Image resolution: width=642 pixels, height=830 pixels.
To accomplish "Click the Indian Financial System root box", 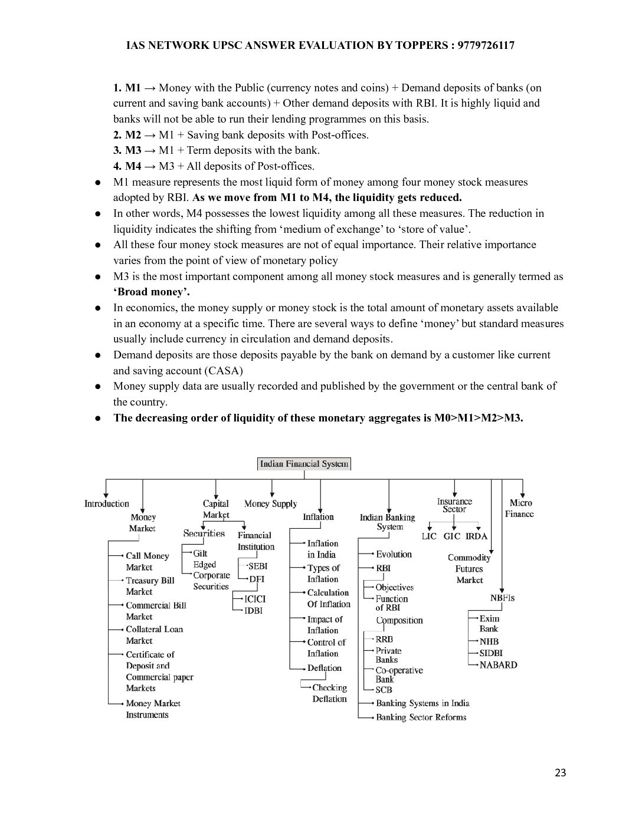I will [304, 464].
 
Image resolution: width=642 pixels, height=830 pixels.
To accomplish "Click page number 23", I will [560, 772].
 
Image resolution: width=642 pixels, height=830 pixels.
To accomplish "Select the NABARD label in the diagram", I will [498, 665].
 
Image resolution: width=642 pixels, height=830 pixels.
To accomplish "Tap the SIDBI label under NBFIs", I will [491, 653].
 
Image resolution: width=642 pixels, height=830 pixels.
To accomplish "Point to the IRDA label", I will [476, 536].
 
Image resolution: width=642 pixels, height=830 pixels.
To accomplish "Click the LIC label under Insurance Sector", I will [429, 536].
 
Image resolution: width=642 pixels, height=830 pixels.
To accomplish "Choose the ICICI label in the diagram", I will [255, 599].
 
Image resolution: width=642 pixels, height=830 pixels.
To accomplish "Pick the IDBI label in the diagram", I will [253, 611].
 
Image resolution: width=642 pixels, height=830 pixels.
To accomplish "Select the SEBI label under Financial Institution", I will [257, 566].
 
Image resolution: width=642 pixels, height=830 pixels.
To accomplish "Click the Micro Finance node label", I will [520, 508].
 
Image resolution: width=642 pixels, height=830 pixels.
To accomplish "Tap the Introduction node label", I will [106, 503].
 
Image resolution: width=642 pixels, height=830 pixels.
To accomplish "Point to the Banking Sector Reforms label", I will [421, 717].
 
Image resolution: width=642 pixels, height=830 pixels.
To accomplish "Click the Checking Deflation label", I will [329, 693].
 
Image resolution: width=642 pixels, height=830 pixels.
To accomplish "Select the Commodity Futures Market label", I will [469, 569].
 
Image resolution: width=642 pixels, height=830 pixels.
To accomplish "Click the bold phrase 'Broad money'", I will [152, 292].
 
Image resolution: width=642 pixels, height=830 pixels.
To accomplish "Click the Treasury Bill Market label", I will [150, 586].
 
